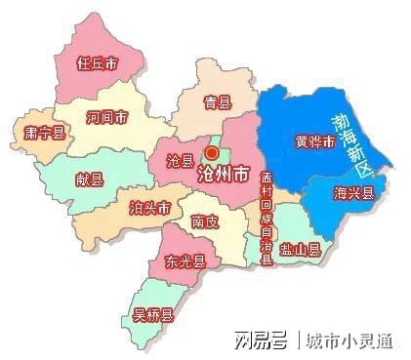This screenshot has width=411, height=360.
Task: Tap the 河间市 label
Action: pos(106,117)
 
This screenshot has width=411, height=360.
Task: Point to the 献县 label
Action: pos(89,179)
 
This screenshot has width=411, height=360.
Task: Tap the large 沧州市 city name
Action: pos(224,176)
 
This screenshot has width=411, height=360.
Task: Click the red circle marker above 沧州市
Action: pos(212,152)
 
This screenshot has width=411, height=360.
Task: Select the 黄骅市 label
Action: pos(315,141)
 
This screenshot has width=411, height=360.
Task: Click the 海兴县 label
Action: pos(353,193)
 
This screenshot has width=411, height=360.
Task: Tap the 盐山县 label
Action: pos(301,250)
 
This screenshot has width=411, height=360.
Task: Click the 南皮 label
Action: pos(205,220)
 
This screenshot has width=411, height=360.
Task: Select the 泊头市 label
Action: pos(150,208)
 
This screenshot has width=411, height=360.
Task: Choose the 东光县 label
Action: pos(185,261)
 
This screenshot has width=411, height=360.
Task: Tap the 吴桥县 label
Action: pos(153,314)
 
